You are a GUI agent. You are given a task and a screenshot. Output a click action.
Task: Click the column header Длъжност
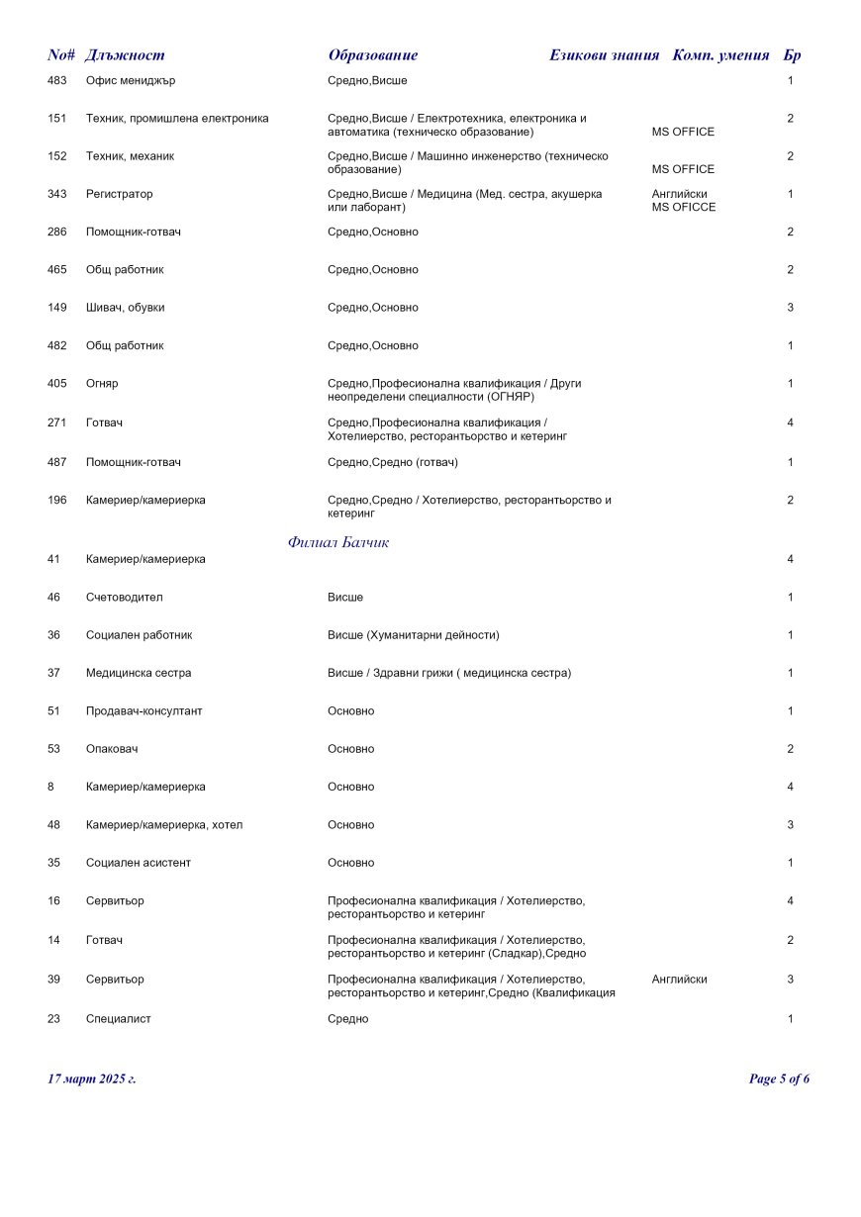point(125,55)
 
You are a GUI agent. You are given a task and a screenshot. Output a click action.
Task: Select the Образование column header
point(373,55)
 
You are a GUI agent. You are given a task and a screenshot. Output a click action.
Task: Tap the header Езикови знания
point(604,55)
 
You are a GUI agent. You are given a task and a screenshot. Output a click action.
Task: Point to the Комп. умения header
point(720,55)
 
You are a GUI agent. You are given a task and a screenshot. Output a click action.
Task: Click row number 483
point(57,80)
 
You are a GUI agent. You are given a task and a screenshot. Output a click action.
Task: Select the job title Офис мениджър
point(131,80)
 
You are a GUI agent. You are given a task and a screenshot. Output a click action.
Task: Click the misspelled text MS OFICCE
point(684,208)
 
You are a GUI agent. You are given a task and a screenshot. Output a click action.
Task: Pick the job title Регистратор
point(120,194)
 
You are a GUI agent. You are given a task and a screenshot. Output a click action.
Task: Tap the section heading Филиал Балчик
point(338,542)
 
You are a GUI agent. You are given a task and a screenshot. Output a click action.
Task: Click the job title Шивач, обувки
point(126,308)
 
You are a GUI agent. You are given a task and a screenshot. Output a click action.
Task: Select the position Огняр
point(102,383)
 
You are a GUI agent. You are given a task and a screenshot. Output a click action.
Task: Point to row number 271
point(57,422)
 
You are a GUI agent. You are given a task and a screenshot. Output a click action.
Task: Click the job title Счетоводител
point(125,598)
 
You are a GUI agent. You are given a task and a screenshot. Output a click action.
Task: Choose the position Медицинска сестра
point(139,673)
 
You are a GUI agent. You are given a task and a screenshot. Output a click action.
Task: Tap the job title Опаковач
point(112,749)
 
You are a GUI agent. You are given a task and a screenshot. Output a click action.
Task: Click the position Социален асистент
point(139,863)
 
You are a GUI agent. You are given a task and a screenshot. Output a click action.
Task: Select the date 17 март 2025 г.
point(92,1078)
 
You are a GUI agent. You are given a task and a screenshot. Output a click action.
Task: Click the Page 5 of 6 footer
point(779,1078)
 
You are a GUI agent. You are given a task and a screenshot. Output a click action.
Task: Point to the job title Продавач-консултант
point(144,711)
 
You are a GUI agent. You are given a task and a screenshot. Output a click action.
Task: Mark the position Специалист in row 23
point(119,1019)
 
